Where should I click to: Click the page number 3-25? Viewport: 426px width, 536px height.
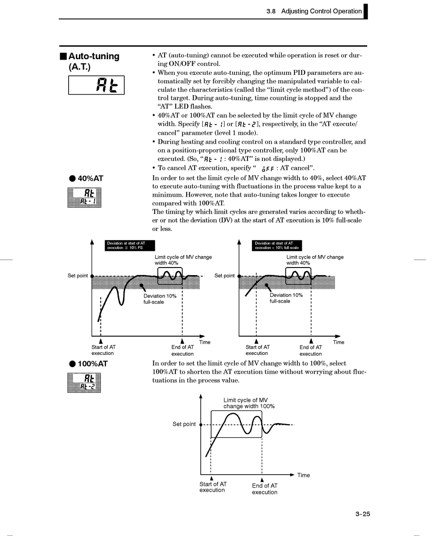[x=363, y=514]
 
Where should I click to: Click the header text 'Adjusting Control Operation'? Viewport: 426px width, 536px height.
[x=321, y=11]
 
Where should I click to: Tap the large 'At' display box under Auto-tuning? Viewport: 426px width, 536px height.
[x=96, y=85]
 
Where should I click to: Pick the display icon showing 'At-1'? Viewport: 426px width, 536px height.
[x=84, y=197]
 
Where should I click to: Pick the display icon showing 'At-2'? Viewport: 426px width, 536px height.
[x=84, y=382]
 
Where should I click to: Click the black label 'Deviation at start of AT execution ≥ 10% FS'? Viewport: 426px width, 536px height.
[x=130, y=246]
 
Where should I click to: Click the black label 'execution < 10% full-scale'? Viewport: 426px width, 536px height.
[x=277, y=248]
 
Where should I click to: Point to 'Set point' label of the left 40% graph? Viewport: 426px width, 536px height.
[x=78, y=276]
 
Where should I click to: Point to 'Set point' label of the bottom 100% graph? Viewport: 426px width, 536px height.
[x=184, y=424]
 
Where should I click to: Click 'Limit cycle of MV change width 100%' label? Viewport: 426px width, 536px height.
[x=249, y=403]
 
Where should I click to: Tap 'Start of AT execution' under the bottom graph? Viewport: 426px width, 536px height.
[x=213, y=487]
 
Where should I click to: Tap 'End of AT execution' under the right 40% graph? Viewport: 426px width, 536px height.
[x=310, y=350]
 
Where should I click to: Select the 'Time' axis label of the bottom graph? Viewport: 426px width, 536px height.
[x=303, y=475]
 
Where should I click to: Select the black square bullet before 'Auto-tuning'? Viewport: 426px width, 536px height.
[x=63, y=56]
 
